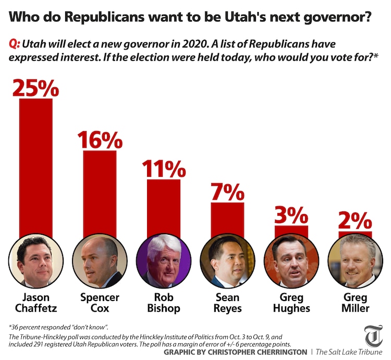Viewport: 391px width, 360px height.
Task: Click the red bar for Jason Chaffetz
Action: point(36,167)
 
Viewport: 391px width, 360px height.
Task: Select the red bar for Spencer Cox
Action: point(100,193)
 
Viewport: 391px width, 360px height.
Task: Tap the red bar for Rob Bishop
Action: point(164,209)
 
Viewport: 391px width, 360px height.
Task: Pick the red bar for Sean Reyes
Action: point(228,219)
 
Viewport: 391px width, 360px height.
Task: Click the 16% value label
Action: point(100,139)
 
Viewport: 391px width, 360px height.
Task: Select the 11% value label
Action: point(164,169)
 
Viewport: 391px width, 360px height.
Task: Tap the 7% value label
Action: point(228,191)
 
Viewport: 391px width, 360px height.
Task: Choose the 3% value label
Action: point(291,215)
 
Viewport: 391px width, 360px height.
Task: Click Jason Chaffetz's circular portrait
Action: point(36,260)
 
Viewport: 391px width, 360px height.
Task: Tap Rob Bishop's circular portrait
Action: point(164,260)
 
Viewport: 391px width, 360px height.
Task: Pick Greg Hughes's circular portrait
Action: point(291,260)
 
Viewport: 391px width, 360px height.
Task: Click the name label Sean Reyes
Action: point(228,303)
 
